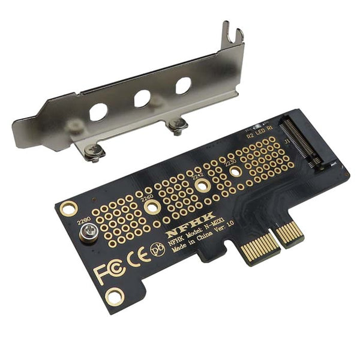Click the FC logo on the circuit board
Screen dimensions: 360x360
pos(110,272)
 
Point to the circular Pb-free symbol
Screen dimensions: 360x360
pos(158,248)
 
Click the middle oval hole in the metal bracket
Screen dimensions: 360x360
pos(142,98)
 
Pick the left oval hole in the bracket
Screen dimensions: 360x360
pos(98,112)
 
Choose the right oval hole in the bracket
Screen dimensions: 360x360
pos(183,85)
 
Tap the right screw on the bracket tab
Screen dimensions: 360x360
pos(177,125)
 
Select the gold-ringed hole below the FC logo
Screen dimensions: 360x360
pos(114,296)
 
